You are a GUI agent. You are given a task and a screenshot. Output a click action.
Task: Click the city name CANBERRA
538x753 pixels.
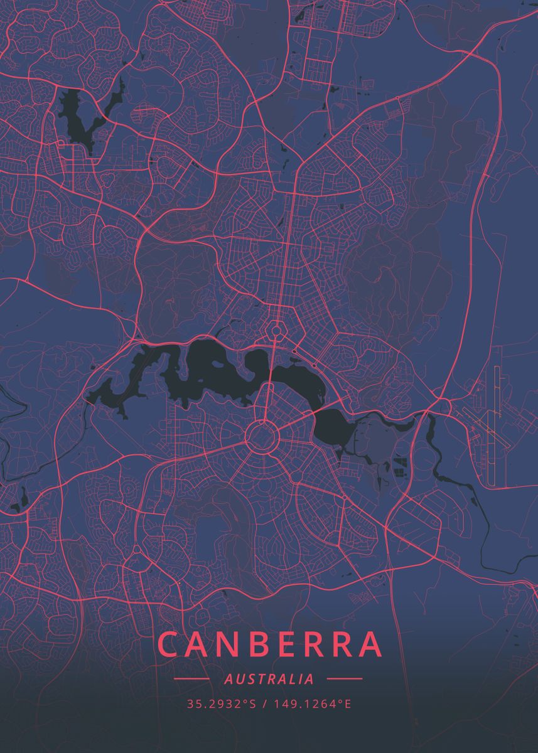270,644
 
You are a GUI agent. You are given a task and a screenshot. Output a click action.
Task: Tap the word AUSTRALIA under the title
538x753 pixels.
269,679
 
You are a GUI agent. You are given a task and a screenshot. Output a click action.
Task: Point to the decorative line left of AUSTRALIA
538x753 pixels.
191,678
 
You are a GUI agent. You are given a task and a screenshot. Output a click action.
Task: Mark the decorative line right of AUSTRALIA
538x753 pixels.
345,678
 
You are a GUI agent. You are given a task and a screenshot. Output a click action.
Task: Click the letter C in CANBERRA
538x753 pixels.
169,644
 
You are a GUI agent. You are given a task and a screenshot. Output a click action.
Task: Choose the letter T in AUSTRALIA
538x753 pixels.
258,679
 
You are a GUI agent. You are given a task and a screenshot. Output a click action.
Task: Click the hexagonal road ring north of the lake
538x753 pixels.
276,329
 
